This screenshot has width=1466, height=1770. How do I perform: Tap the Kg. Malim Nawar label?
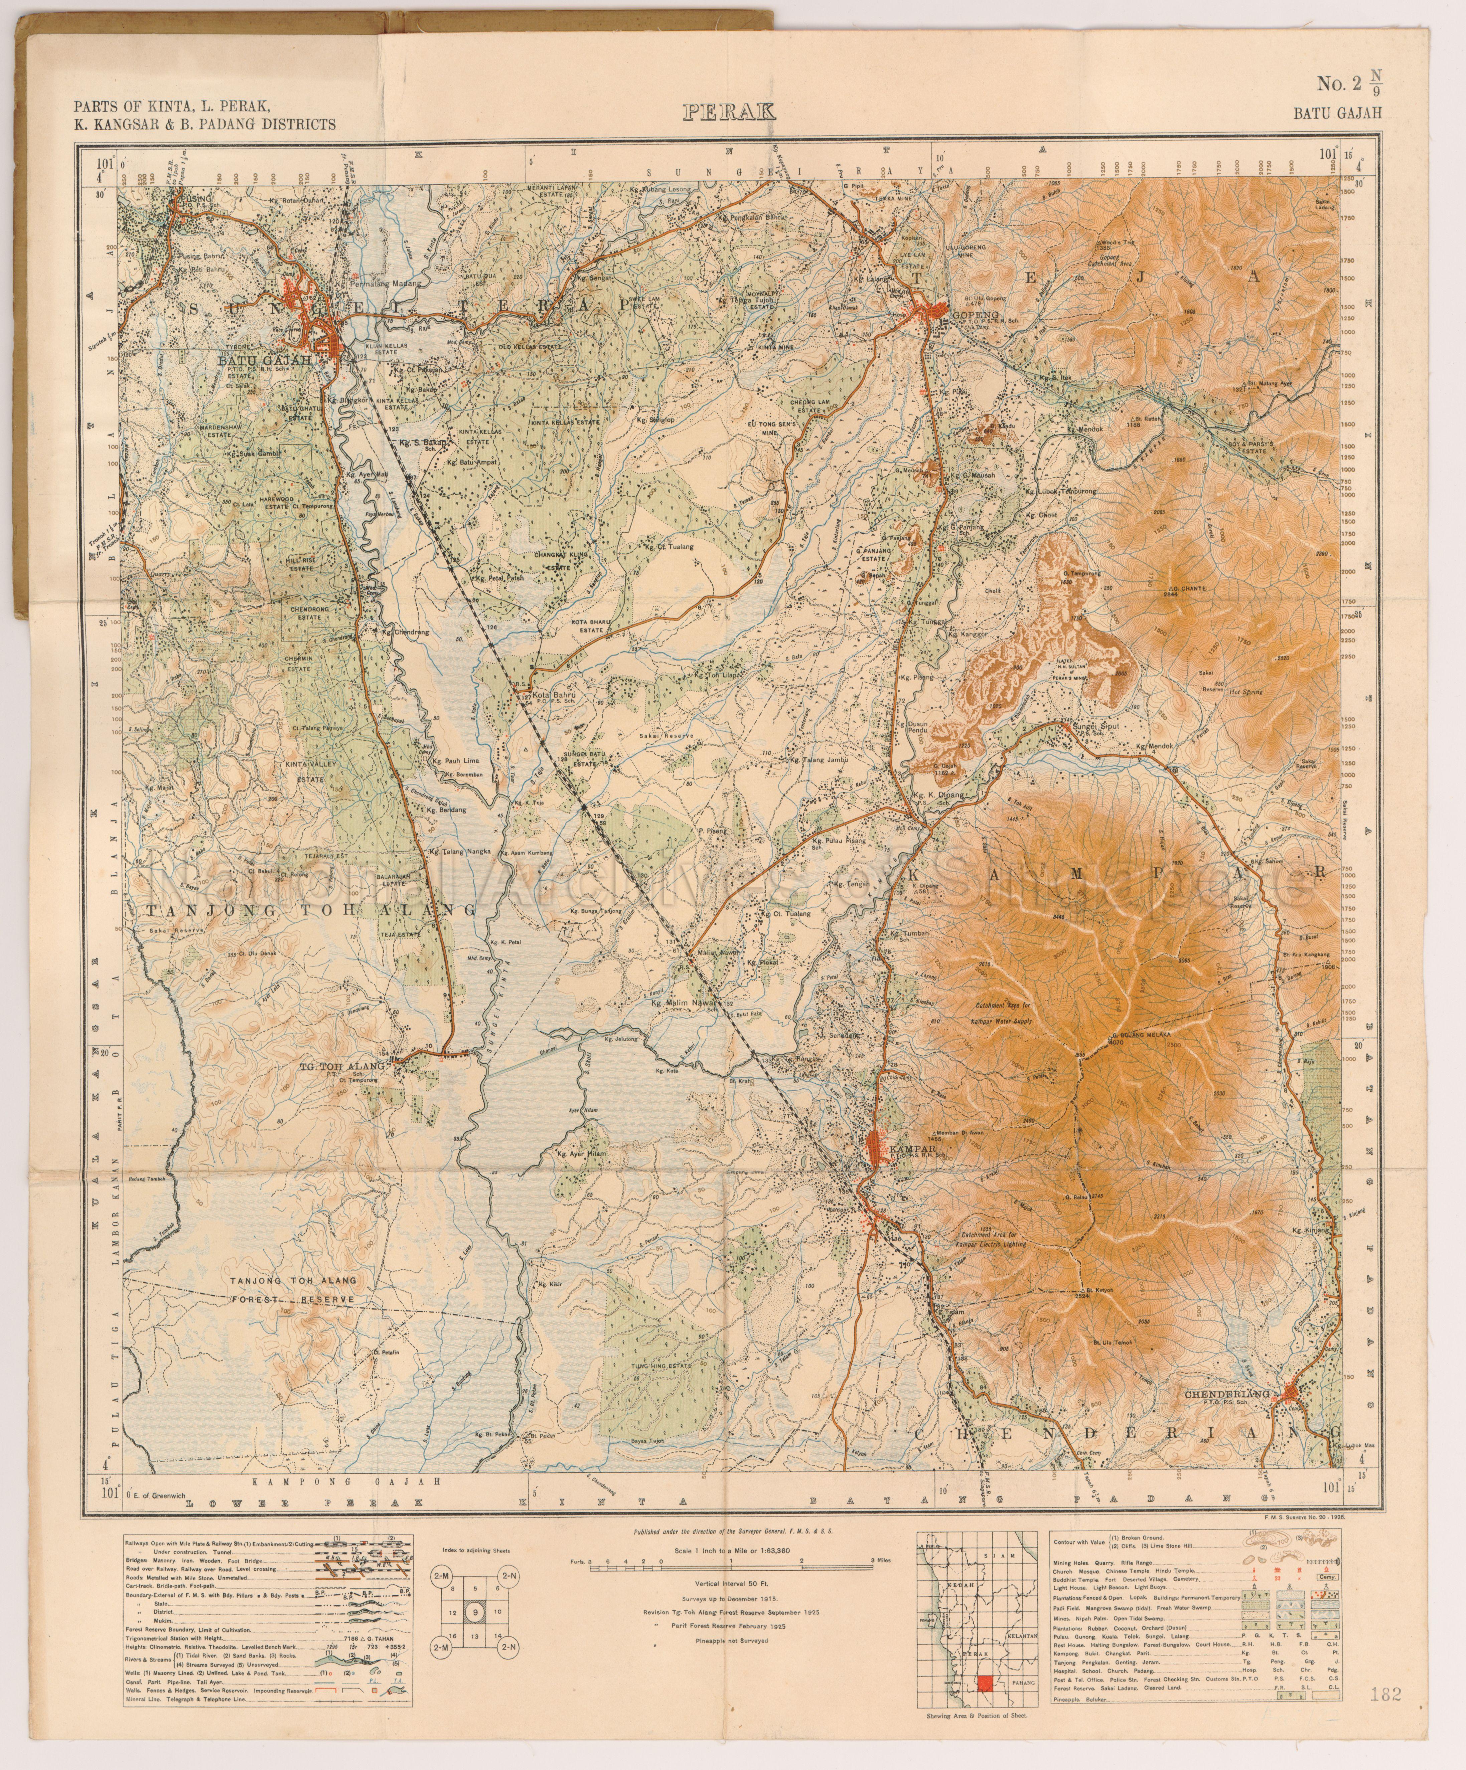coord(682,1003)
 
